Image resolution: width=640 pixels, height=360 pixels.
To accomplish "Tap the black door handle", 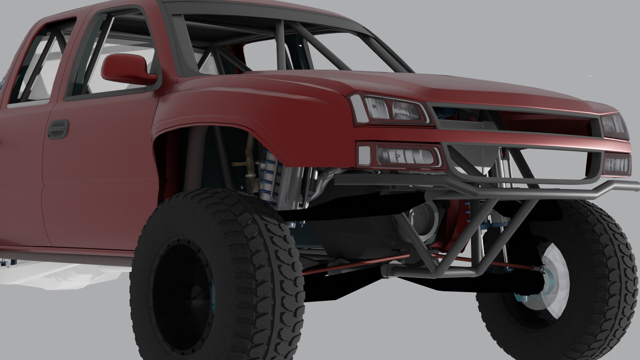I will (x=58, y=129).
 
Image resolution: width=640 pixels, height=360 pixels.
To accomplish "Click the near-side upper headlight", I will (x=393, y=110).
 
